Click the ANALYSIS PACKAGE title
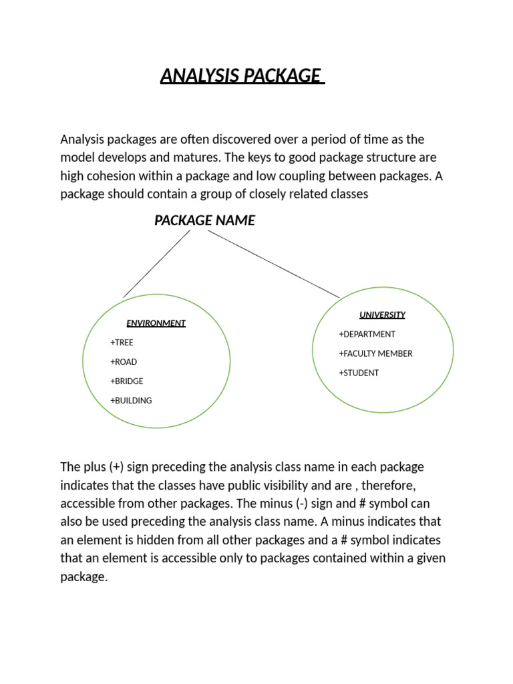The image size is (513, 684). [242, 76]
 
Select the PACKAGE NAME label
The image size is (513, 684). [204, 220]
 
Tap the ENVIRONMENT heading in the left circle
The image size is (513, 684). [156, 323]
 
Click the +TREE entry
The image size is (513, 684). [122, 343]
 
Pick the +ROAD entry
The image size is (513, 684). [124, 362]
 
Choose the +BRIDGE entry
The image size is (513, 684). [127, 381]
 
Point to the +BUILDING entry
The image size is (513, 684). [131, 401]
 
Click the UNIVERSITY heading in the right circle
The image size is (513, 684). [382, 315]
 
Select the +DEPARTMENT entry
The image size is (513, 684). [367, 334]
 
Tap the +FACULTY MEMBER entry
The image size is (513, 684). [375, 353]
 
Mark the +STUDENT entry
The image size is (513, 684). [359, 373]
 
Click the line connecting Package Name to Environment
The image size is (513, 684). [156, 265]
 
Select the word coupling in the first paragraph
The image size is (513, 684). [312, 176]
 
